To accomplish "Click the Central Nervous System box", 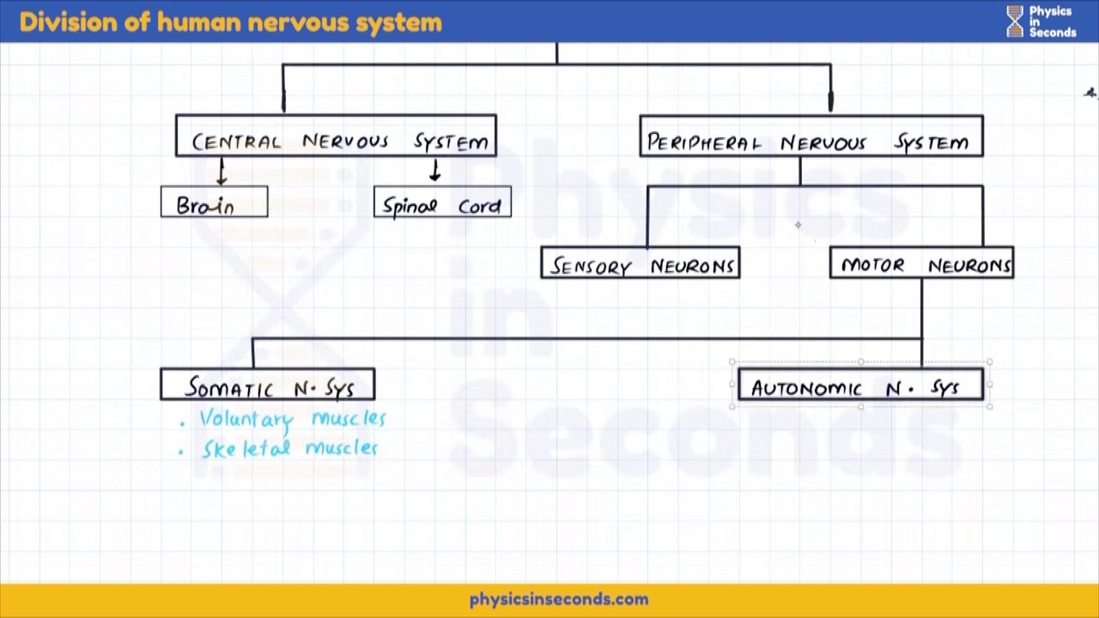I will [336, 136].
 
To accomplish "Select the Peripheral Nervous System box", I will [811, 136].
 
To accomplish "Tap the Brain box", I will [214, 203].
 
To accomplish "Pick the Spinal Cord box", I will [442, 203].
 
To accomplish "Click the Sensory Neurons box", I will [641, 263].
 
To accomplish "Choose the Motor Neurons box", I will [921, 263].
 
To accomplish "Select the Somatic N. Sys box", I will [267, 385].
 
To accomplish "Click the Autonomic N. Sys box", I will [860, 385].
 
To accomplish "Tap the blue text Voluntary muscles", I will [293, 419].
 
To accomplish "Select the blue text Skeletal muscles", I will [289, 448].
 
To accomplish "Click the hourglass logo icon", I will [1016, 21].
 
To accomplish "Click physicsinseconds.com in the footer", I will [559, 600].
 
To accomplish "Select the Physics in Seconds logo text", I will [1052, 21].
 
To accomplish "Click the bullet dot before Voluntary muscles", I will [182, 422].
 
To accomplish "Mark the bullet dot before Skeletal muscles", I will [180, 451].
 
